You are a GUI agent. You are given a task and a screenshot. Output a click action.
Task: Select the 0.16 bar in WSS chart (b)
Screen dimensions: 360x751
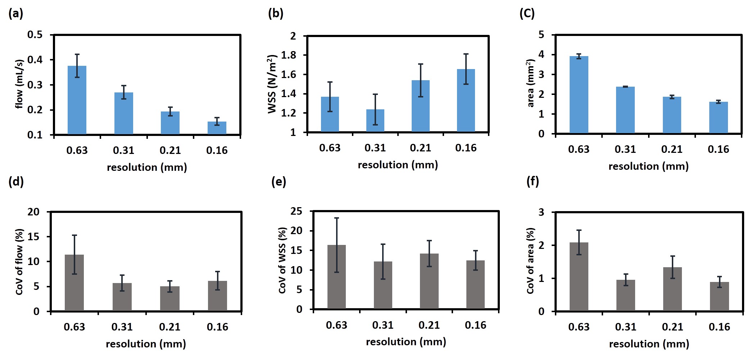point(466,100)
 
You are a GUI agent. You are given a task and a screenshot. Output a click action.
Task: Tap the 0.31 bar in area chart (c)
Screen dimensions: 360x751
point(625,110)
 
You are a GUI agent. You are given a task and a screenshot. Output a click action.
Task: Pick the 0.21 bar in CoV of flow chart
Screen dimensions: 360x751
point(170,299)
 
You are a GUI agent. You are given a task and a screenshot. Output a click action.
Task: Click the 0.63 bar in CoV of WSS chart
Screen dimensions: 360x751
point(336,277)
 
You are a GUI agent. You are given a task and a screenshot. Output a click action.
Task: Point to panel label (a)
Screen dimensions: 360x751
point(15,14)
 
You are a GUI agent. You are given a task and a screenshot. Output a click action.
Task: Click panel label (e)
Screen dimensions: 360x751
point(279,182)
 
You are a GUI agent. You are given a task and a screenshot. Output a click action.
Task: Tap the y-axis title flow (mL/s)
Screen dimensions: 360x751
point(19,84)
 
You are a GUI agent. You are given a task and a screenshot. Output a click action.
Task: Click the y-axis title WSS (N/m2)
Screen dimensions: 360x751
point(272,84)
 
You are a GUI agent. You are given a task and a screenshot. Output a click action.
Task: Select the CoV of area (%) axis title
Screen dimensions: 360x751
point(530,261)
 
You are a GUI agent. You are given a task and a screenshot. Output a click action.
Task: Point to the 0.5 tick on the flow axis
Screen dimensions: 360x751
point(35,35)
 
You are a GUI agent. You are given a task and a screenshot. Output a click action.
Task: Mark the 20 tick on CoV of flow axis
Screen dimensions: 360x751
point(33,212)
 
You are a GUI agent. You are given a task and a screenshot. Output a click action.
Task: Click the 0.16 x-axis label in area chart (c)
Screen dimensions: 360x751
point(718,149)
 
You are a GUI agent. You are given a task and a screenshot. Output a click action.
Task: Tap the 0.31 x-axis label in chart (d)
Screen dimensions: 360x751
point(122,327)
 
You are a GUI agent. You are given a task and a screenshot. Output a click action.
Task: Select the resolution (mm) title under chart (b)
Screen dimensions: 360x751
point(398,165)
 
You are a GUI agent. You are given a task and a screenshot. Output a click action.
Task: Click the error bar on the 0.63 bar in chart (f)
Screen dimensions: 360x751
point(579,242)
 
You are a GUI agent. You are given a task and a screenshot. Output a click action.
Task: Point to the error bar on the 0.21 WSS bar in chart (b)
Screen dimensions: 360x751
point(421,80)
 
